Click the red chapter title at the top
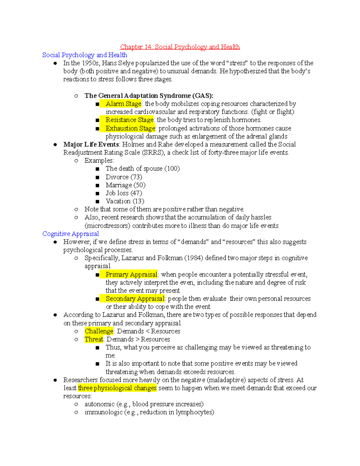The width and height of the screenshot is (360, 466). [x=180, y=47]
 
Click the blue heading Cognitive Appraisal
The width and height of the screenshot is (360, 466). [x=70, y=234]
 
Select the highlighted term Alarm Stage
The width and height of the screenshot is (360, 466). [x=123, y=104]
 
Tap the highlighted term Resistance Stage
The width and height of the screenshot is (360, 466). [x=130, y=120]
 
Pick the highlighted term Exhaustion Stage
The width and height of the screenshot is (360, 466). [x=130, y=128]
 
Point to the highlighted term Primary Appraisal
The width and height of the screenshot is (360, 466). [x=131, y=275]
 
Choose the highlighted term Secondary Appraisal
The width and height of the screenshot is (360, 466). [x=135, y=299]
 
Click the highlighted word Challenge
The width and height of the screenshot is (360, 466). [x=99, y=331]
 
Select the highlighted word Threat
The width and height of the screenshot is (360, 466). [x=94, y=339]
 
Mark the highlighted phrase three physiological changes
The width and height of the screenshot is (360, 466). [x=117, y=388]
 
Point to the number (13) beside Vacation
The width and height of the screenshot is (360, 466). [x=138, y=201]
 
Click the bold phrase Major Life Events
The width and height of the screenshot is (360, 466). [x=91, y=145]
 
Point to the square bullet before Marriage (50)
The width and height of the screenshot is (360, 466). [x=97, y=185]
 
